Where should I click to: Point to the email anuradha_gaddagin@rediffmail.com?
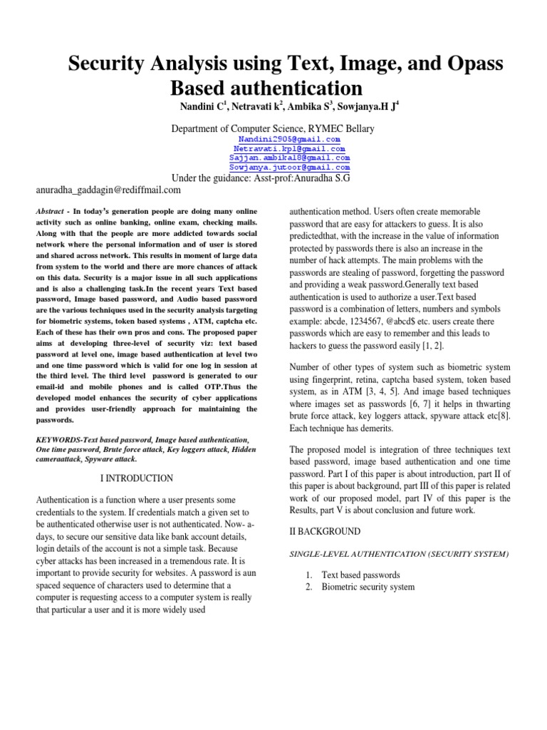(108, 190)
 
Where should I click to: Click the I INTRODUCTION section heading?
(133, 478)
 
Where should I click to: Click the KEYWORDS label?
(57, 440)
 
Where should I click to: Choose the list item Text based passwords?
(360, 575)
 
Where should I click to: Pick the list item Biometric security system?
(368, 587)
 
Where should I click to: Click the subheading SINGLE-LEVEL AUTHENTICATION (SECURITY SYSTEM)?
(399, 554)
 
